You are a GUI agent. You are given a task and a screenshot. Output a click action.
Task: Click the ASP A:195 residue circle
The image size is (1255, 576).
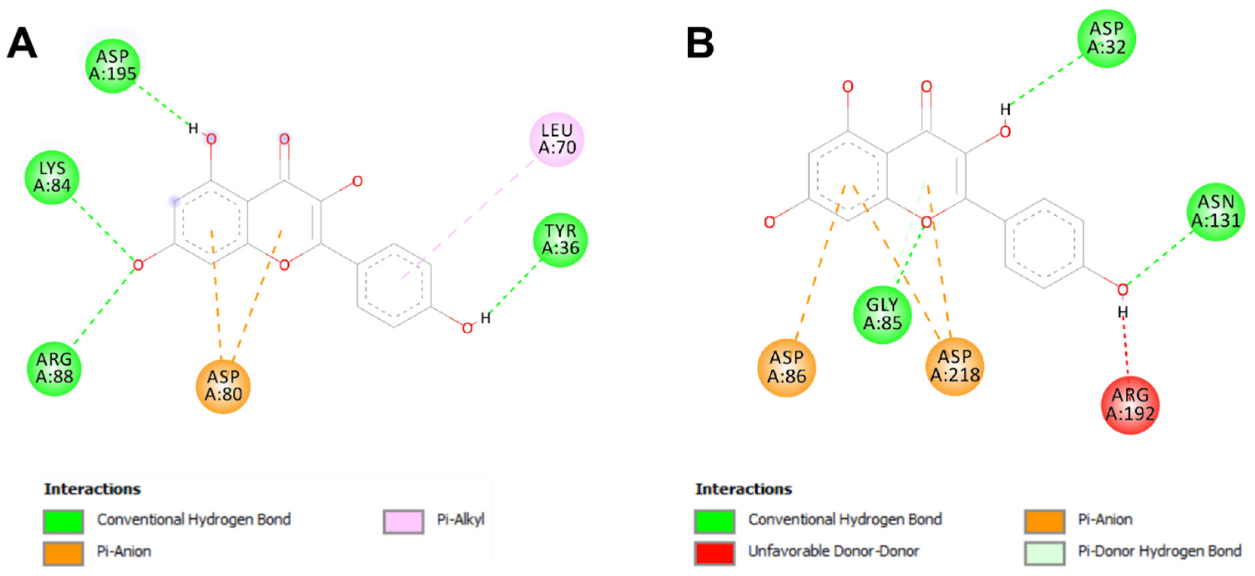[112, 65]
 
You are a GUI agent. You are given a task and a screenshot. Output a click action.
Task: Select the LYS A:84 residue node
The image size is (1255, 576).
[52, 177]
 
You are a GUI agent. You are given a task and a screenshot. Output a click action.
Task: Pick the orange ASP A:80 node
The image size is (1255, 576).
[223, 386]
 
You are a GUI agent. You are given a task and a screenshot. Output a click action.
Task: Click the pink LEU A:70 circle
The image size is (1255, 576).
[557, 139]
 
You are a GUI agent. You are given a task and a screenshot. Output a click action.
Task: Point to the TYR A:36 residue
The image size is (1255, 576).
[560, 239]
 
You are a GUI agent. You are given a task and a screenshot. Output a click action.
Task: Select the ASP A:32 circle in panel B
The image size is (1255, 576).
[1106, 38]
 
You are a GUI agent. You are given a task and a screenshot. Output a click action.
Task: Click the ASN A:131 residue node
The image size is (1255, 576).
[1215, 211]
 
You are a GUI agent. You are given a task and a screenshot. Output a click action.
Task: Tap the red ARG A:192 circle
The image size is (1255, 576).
[1130, 404]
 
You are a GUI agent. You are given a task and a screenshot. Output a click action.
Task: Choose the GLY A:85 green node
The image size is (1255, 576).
[882, 314]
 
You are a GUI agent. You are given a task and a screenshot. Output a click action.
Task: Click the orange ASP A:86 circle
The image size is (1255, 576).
[786, 367]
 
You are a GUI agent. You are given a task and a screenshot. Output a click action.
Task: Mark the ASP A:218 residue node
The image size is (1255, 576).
[954, 366]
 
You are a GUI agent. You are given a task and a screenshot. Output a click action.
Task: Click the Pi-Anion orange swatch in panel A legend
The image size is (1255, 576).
[63, 553]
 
